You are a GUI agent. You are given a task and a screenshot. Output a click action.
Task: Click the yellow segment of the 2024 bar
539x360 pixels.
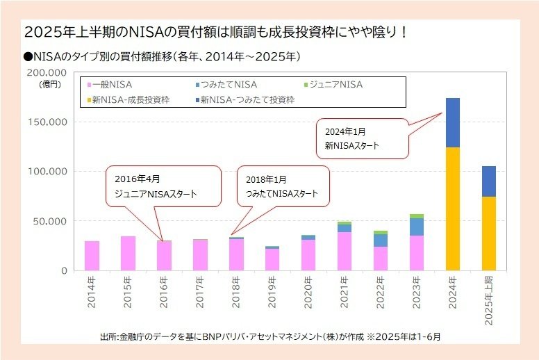pyautogui.click(x=452, y=208)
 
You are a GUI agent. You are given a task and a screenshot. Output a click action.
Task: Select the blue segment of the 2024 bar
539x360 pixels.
pyautogui.click(x=452, y=122)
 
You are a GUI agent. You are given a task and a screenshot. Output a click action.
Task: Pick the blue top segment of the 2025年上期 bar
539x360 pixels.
pyautogui.click(x=488, y=181)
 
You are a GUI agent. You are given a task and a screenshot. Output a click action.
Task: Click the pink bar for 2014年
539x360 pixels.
pyautogui.click(x=92, y=255)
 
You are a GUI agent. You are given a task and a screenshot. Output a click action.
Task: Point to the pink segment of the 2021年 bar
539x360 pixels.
pyautogui.click(x=345, y=251)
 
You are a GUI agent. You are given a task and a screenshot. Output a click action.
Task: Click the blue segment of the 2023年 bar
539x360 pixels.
pyautogui.click(x=416, y=227)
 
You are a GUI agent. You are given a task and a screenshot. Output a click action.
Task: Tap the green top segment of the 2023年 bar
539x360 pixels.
pyautogui.click(x=416, y=216)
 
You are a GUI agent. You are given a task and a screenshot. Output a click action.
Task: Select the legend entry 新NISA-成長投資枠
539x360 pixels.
pyautogui.click(x=131, y=99)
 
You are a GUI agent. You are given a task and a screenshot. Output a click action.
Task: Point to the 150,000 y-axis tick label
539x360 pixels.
pyautogui.click(x=47, y=122)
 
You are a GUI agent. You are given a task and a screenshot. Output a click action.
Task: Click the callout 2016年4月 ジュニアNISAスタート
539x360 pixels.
pyautogui.click(x=163, y=186)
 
